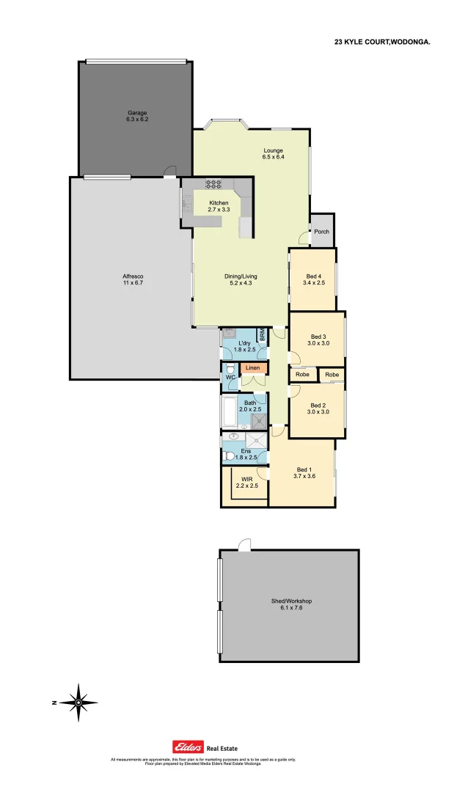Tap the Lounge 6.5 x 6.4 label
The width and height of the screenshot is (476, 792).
[273, 154]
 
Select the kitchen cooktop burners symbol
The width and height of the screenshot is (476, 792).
[213, 183]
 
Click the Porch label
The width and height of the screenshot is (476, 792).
[322, 232]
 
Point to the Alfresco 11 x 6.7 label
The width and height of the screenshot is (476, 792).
[133, 279]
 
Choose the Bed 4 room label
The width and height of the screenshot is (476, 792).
[313, 279]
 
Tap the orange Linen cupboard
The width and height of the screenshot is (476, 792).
[252, 367]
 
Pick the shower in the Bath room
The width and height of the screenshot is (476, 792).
[259, 420]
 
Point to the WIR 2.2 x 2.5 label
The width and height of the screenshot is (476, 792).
[244, 482]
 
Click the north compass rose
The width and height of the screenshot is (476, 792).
[78, 702]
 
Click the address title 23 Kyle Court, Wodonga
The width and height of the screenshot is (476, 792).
[382, 43]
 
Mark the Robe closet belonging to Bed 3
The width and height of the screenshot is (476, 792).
[302, 375]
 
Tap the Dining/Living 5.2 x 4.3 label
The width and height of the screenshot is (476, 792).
[241, 279]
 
